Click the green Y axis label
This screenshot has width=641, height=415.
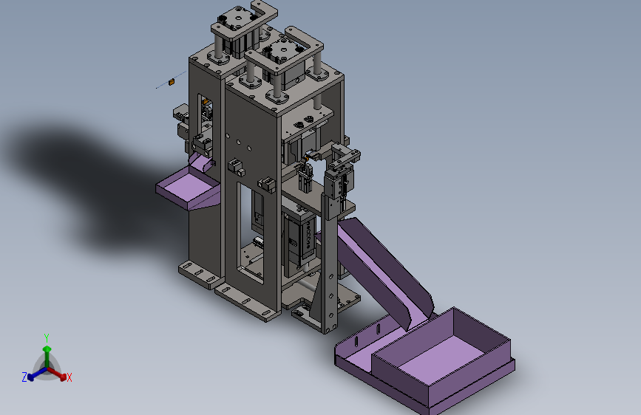[47, 338]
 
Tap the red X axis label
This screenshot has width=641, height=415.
[69, 377]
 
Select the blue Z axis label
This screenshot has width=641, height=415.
[24, 377]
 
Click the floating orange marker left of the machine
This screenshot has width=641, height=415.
[172, 82]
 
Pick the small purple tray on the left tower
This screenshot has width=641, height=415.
[188, 189]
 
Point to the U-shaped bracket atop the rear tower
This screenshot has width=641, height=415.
[245, 24]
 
